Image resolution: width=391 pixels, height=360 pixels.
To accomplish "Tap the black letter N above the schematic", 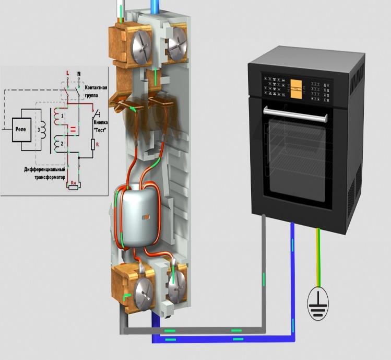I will (x=79, y=73).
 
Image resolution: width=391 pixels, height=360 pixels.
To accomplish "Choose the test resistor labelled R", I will (x=92, y=144).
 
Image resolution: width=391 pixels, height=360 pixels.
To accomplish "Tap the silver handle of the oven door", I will (x=296, y=110).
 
